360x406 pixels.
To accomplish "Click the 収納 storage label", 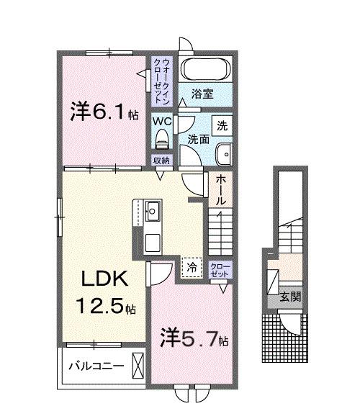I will click(161, 160).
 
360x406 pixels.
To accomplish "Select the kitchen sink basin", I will click(153, 213).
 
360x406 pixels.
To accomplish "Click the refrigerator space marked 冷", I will click(192, 266).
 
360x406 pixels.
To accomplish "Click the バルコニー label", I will click(96, 365).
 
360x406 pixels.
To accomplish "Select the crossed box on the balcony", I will click(139, 364).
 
